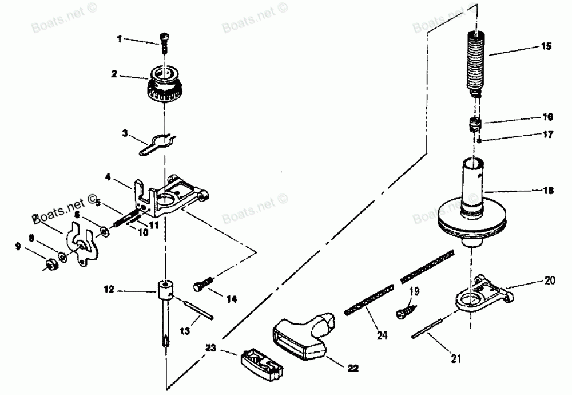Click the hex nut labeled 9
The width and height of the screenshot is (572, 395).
(x=50, y=264)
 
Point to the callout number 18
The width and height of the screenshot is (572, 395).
(x=547, y=192)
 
